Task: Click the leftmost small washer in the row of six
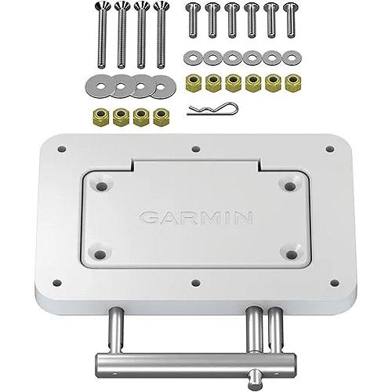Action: pyautogui.click(x=192, y=58)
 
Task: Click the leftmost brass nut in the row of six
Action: pyautogui.click(x=192, y=82)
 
